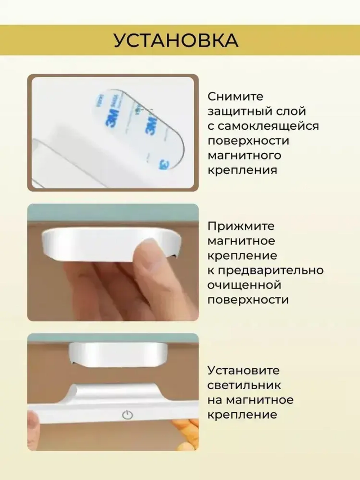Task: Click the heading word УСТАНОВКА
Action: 176,40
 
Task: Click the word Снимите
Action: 235,97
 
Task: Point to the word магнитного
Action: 244,156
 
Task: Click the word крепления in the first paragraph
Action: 242,170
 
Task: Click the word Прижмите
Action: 241,226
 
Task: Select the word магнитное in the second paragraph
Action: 241,241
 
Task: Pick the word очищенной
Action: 244,285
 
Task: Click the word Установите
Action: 243,370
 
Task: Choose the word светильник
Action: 244,385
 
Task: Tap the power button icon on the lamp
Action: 127,415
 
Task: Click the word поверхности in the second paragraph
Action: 248,300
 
